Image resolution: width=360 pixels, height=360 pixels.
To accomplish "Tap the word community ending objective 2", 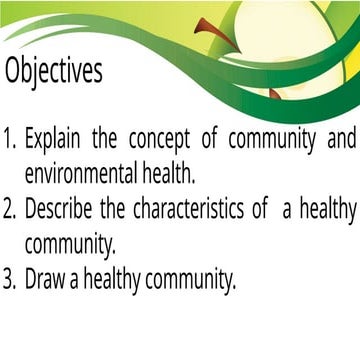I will point(72,245).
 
